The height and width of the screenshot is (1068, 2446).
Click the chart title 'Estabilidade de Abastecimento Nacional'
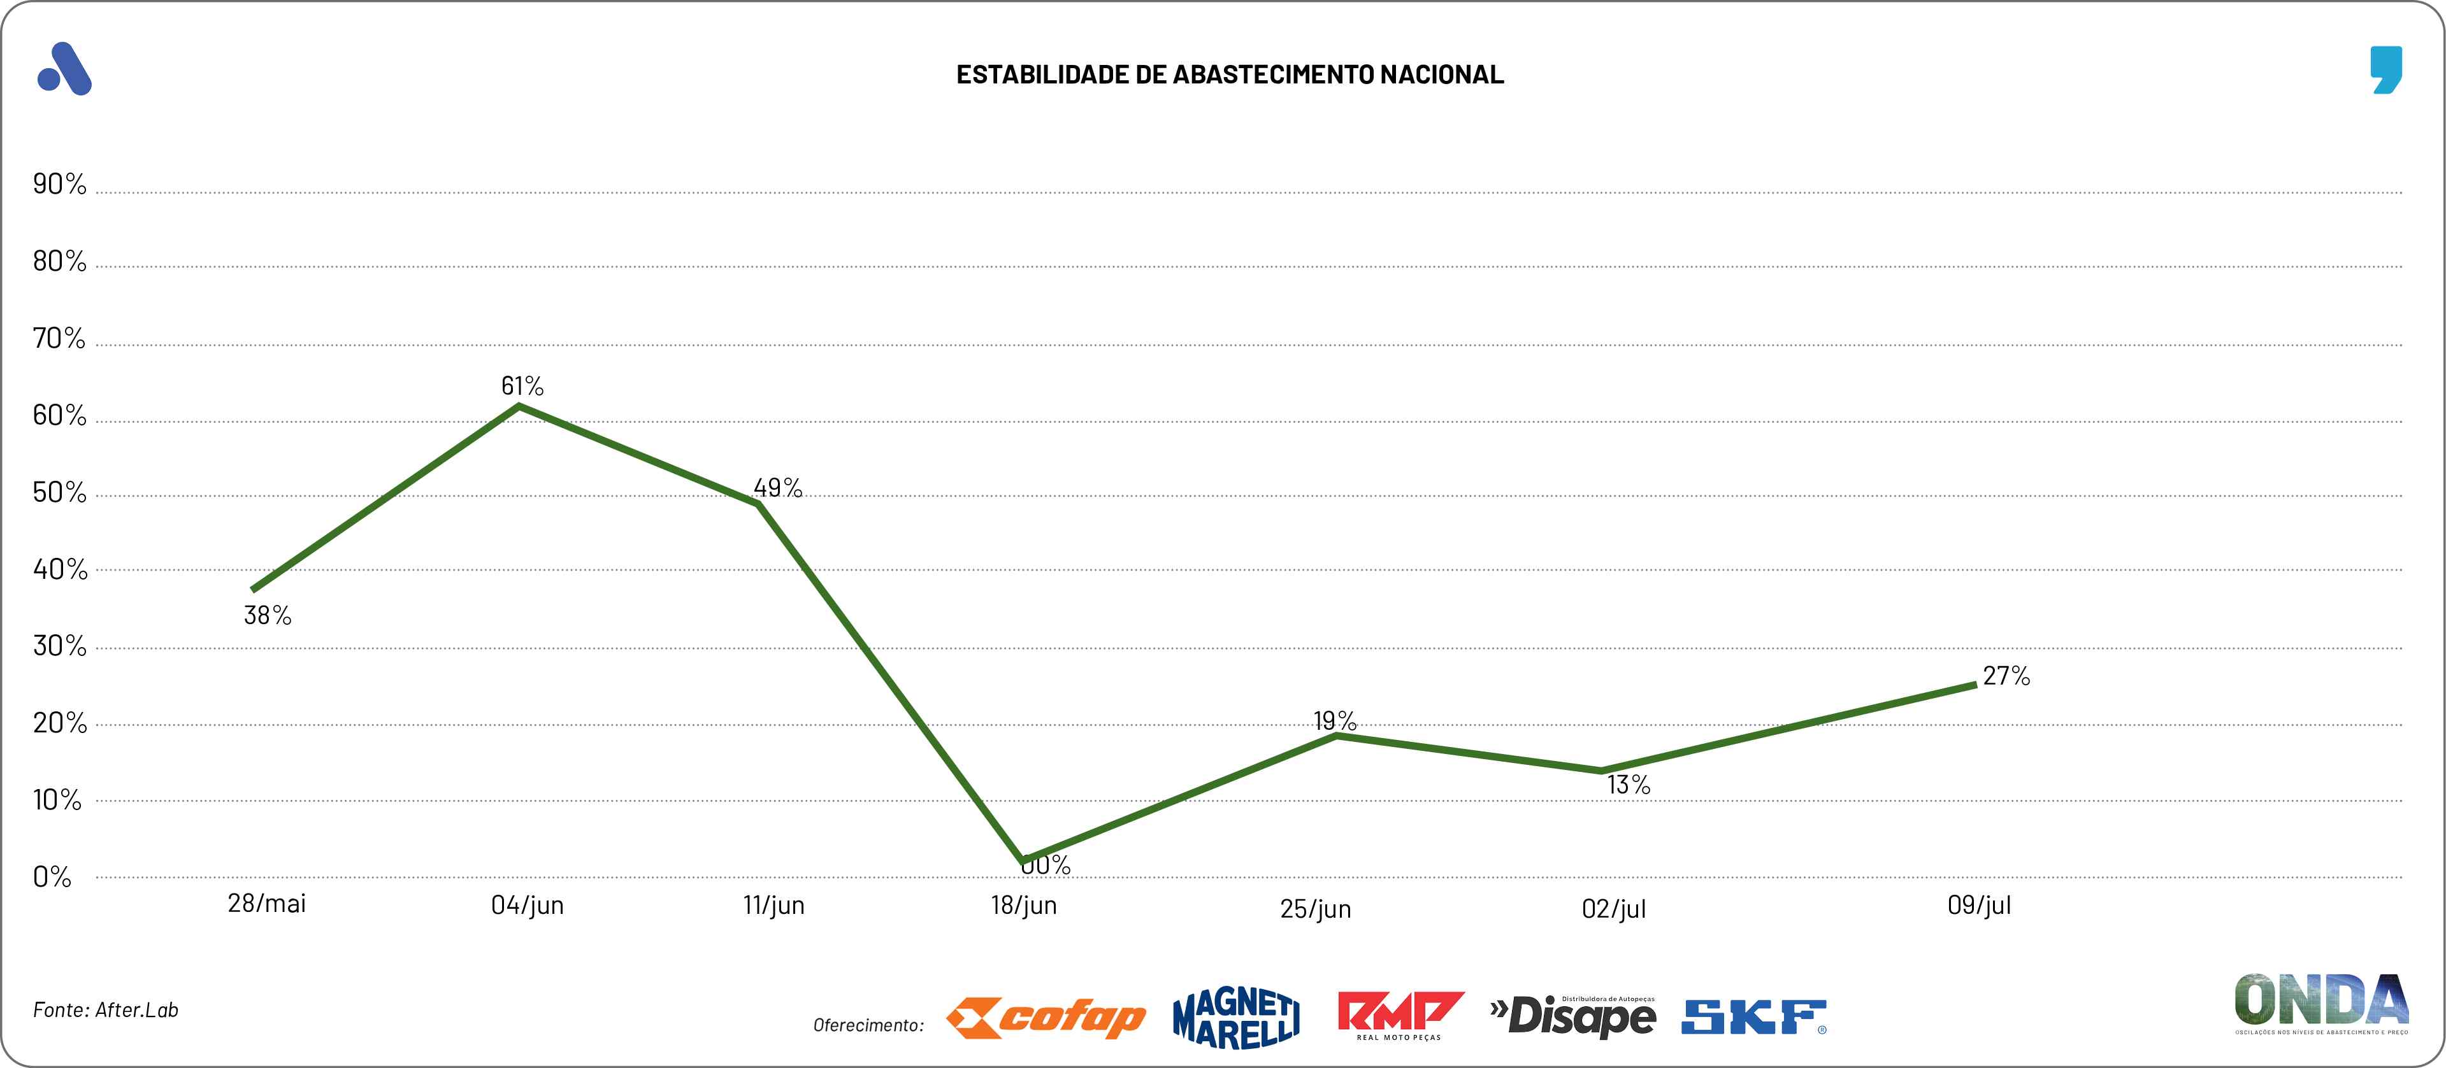pyautogui.click(x=1230, y=75)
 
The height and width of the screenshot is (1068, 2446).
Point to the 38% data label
pyautogui.click(x=268, y=616)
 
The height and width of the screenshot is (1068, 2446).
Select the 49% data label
pyautogui.click(x=778, y=488)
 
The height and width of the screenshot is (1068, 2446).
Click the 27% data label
pyautogui.click(x=2006, y=676)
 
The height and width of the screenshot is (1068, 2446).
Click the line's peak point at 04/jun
pyautogui.click(x=519, y=406)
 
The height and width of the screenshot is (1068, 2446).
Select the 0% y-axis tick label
pyautogui.click(x=52, y=877)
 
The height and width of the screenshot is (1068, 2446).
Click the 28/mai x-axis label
pyautogui.click(x=267, y=904)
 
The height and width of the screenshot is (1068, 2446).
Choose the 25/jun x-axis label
pyautogui.click(x=1315, y=909)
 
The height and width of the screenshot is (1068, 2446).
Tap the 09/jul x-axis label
pyautogui.click(x=1979, y=906)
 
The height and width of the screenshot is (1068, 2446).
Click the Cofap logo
pyautogui.click(x=1046, y=1018)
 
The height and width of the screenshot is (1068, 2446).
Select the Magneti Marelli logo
pyautogui.click(x=1236, y=1018)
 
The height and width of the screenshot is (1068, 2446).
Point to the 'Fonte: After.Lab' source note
pyautogui.click(x=105, y=1010)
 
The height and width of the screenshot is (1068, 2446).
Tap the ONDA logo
pyautogui.click(x=2320, y=1002)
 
